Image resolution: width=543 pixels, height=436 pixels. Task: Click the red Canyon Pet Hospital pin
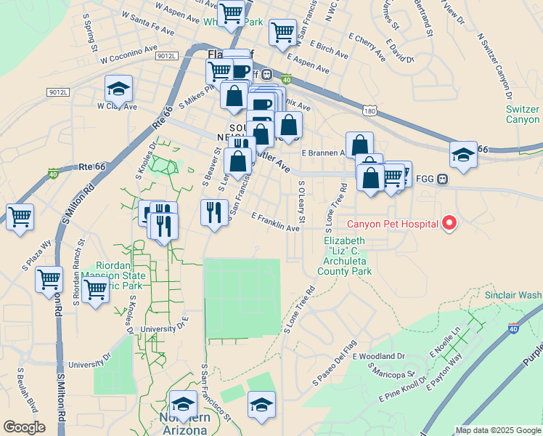449,223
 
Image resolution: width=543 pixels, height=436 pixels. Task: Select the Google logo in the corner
24,427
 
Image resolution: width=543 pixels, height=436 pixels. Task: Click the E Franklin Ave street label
275,222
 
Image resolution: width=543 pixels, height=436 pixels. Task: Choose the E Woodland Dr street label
378,356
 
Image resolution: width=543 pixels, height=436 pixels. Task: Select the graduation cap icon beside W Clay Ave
118,89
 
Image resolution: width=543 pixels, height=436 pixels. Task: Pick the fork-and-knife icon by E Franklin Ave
213,212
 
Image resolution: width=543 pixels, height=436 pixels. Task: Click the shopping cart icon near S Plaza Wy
20,216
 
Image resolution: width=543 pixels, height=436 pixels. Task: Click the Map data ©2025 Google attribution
497,430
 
